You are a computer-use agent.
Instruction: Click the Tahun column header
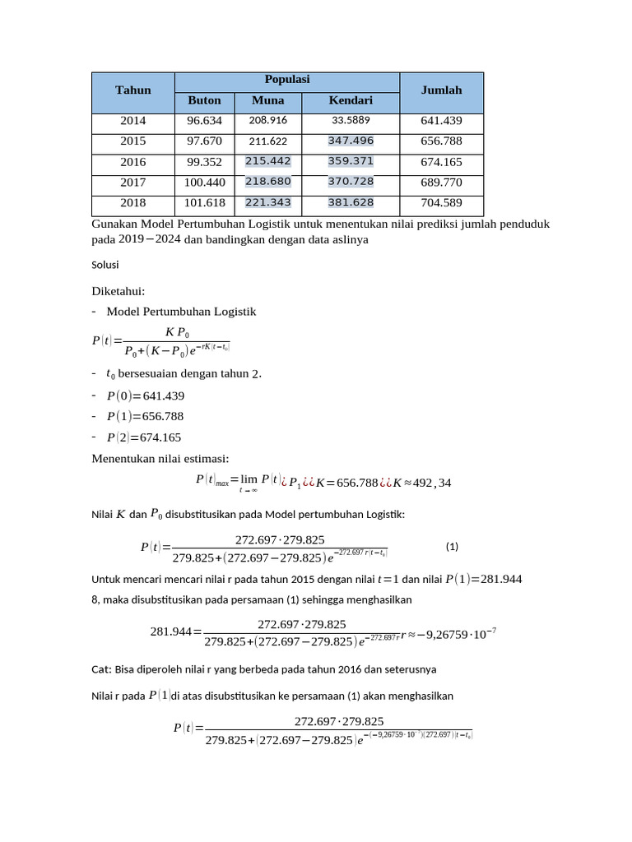pyautogui.click(x=133, y=90)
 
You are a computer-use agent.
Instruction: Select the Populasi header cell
pyautogui.click(x=286, y=80)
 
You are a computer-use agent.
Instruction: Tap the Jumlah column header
pyautogui.click(x=441, y=90)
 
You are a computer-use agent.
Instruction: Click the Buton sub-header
pyautogui.click(x=205, y=100)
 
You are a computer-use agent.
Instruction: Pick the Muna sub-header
pyautogui.click(x=267, y=100)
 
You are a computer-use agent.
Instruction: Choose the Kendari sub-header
pyautogui.click(x=351, y=100)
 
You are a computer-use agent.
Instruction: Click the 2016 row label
pyautogui.click(x=133, y=162)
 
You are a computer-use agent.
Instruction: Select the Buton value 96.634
pyautogui.click(x=205, y=121)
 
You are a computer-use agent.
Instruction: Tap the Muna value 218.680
pyautogui.click(x=267, y=181)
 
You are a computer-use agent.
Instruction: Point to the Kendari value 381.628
pyautogui.click(x=351, y=202)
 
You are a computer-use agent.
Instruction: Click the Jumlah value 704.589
pyautogui.click(x=441, y=202)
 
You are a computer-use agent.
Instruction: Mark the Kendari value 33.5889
pyautogui.click(x=351, y=121)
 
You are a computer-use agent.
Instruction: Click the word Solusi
pyautogui.click(x=105, y=265)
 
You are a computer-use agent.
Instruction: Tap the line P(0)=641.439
pyautogui.click(x=146, y=396)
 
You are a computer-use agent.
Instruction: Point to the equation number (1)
pyautogui.click(x=452, y=547)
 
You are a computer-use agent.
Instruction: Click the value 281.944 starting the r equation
pyautogui.click(x=170, y=631)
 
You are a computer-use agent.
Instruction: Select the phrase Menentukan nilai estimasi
pyautogui.click(x=160, y=459)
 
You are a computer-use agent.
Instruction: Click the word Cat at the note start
pyautogui.click(x=100, y=668)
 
